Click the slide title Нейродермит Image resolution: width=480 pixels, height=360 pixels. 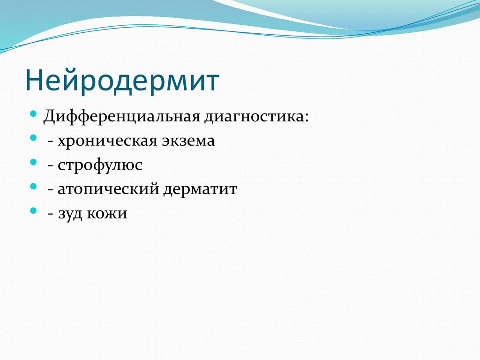tap(122, 80)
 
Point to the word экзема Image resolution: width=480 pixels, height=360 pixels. tap(188, 141)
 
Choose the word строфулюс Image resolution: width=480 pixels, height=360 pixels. tap(100, 165)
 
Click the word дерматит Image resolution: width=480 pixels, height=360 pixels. tap(200, 190)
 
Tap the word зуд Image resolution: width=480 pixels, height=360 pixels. tap(70, 214)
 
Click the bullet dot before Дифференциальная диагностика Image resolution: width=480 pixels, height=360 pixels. tap(33, 114)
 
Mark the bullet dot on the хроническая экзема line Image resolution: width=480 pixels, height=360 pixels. tap(33, 138)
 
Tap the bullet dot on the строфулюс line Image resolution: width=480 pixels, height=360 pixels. tap(33, 162)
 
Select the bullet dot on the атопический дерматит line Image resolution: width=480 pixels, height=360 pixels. tap(33, 187)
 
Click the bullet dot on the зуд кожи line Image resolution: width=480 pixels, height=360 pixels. tap(33, 211)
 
